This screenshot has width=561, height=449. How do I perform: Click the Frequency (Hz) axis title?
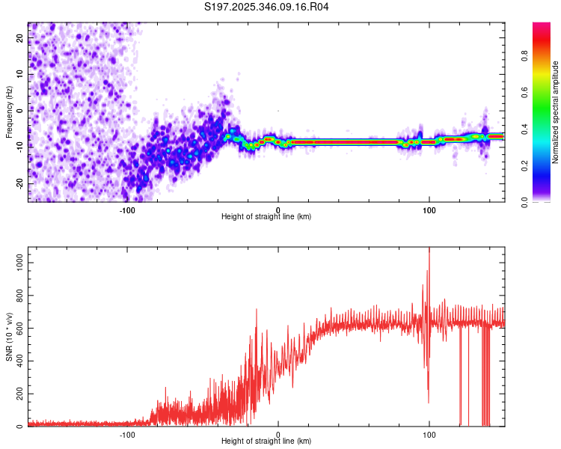click(9, 112)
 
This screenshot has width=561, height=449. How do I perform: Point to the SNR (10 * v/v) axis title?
click(9, 337)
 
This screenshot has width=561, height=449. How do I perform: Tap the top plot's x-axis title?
click(266, 216)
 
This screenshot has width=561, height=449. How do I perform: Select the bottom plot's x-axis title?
click(266, 441)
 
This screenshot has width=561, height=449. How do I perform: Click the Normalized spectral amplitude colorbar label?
click(556, 112)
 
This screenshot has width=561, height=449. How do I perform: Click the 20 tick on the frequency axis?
click(20, 38)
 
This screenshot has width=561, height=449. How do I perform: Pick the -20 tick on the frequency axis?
click(19, 183)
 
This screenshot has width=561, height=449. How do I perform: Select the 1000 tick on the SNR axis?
click(16, 263)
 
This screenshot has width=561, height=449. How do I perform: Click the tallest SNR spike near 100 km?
click(429, 249)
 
